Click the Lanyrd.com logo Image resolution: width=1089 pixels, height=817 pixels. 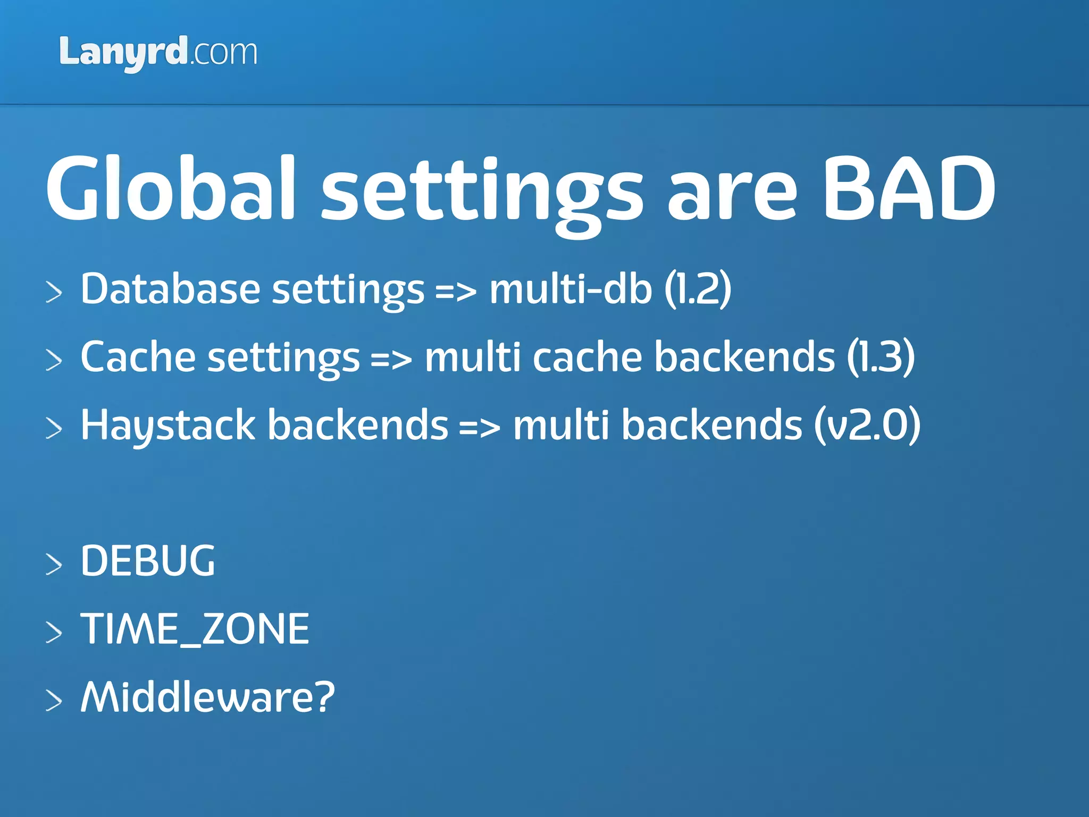(158, 53)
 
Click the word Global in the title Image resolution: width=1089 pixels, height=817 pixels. (170, 188)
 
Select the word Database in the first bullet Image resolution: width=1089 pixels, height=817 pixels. (170, 289)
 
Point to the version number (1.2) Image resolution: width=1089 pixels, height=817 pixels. (698, 289)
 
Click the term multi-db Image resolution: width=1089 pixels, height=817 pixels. (570, 289)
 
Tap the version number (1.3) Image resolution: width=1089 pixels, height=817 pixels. (881, 357)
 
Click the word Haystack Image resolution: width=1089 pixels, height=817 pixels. (168, 426)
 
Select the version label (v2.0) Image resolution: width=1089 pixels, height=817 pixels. (867, 426)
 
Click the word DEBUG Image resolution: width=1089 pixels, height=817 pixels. (148, 561)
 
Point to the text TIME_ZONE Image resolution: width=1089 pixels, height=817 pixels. (195, 629)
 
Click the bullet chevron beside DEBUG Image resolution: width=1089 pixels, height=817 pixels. (54, 564)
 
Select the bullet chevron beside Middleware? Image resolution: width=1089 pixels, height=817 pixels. (54, 700)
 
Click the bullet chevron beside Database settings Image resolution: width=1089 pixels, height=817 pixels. (54, 293)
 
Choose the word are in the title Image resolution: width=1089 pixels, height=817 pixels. (732, 194)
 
